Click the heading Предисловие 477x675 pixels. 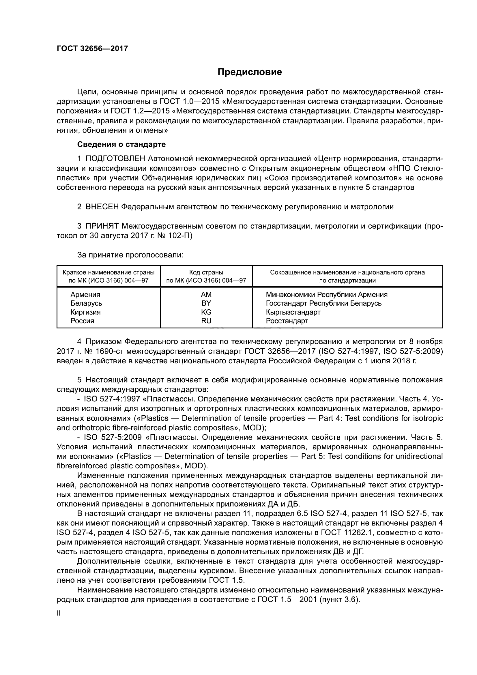tap(250, 72)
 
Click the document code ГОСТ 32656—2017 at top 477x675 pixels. tap(92, 48)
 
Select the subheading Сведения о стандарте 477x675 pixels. tap(121, 144)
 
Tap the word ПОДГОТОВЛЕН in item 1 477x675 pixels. tap(115, 159)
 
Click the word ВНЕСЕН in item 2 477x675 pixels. tap(102, 207)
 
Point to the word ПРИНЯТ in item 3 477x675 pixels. tap(102, 226)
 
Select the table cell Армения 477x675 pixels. tap(85, 295)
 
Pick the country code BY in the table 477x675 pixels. tap(206, 303)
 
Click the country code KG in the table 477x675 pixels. tap(206, 312)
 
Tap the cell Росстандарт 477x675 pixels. tap(287, 321)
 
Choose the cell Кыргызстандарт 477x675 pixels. tap(293, 312)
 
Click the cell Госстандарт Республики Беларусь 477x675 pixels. tap(323, 303)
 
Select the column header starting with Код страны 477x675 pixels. tap(206, 276)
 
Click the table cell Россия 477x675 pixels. tap(82, 321)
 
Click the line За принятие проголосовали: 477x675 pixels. tap(130, 255)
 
